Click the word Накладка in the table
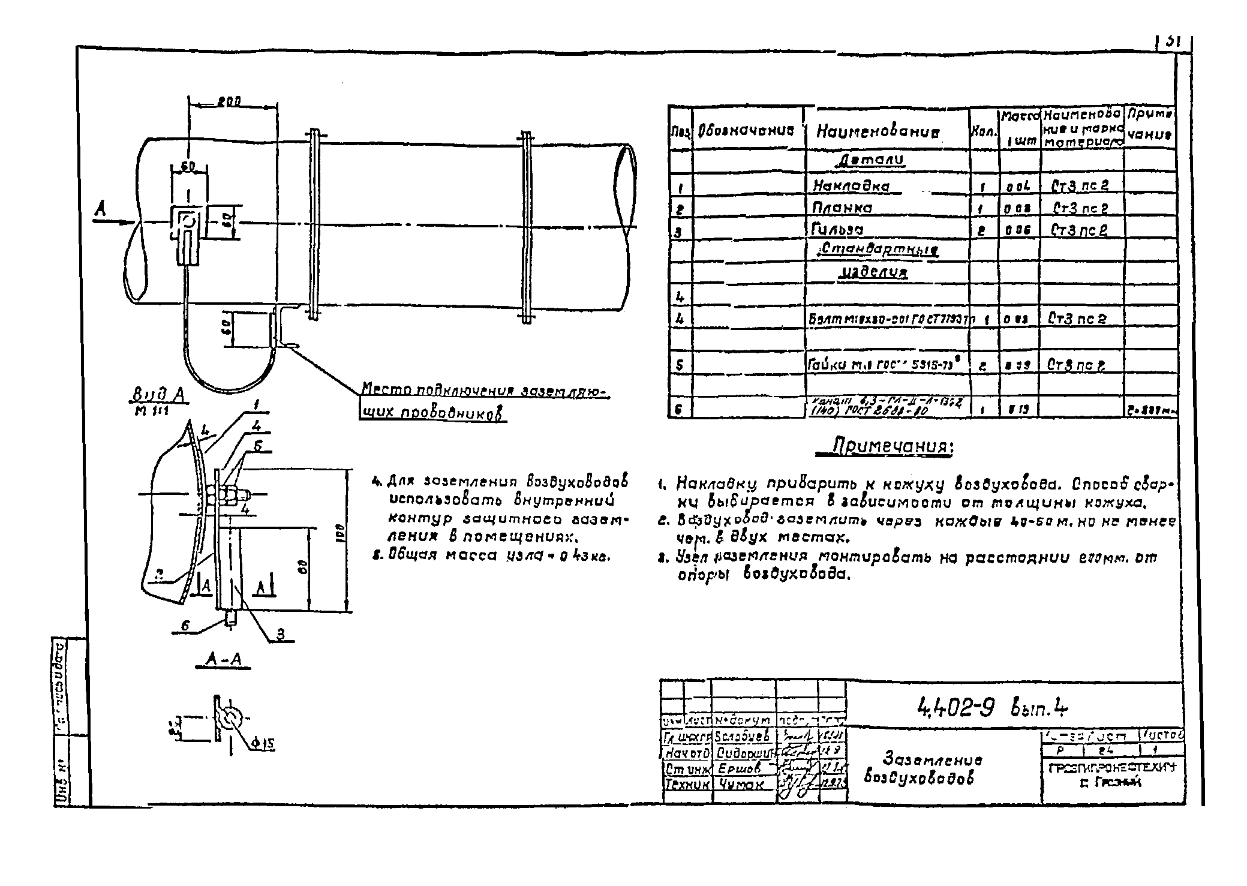851,186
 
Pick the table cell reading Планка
843,208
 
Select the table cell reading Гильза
839,229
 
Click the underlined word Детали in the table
870,161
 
